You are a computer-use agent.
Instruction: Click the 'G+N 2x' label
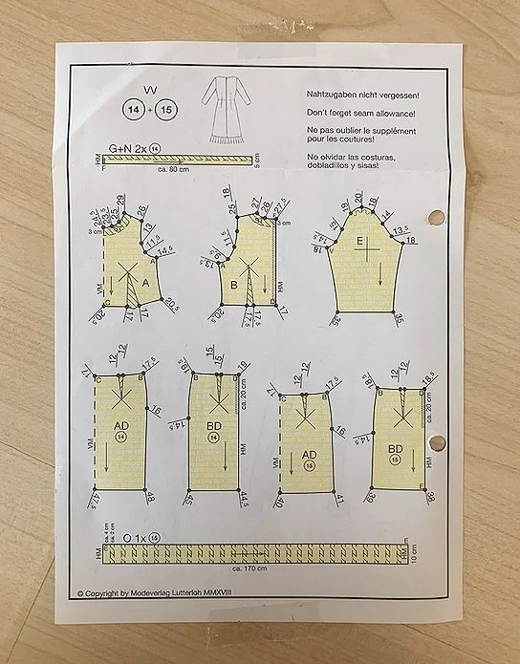coord(127,149)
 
